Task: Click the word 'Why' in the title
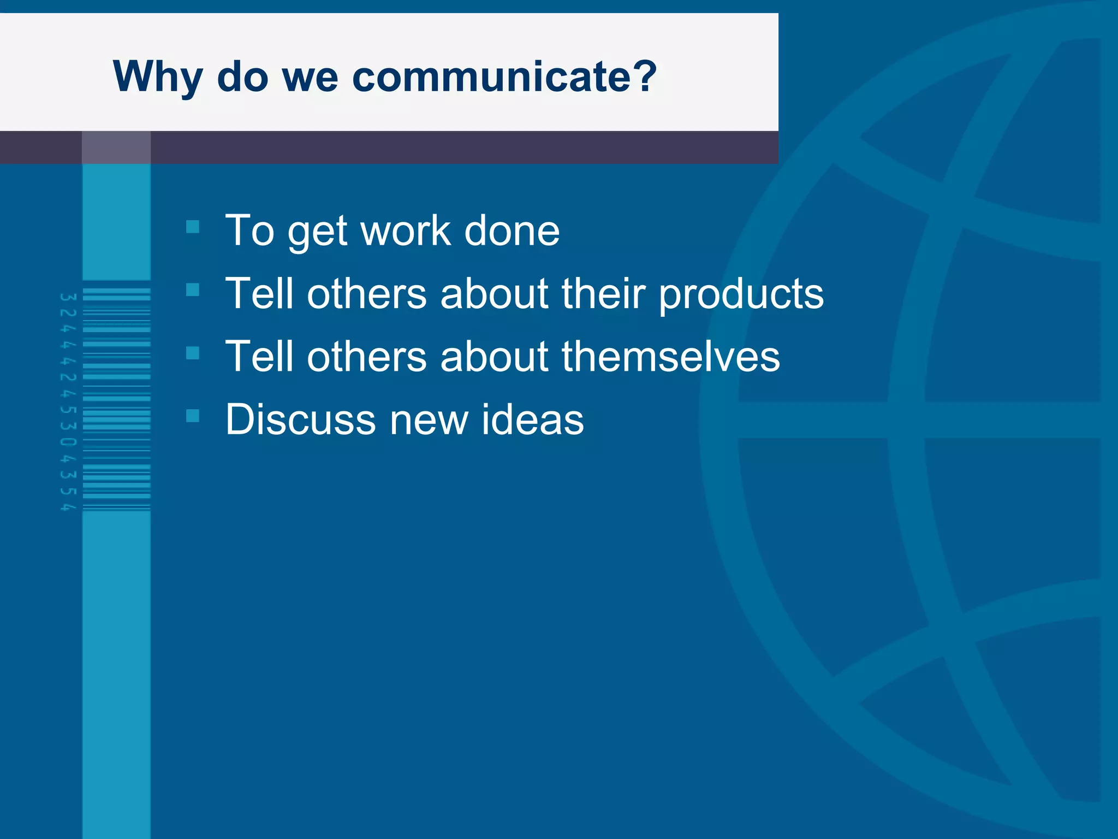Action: pos(157,77)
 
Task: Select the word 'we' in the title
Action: pos(310,77)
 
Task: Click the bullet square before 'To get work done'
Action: pos(193,227)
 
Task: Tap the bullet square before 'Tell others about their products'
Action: pos(193,289)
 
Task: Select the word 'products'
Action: pos(741,294)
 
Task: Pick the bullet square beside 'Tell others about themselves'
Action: pos(193,353)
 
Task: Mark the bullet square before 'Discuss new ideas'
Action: pos(193,416)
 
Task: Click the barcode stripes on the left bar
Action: pos(116,399)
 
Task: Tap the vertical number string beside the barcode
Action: pos(68,401)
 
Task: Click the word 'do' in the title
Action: pos(242,77)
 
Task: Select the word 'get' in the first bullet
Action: pos(317,232)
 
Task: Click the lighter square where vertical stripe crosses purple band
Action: pos(116,147)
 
